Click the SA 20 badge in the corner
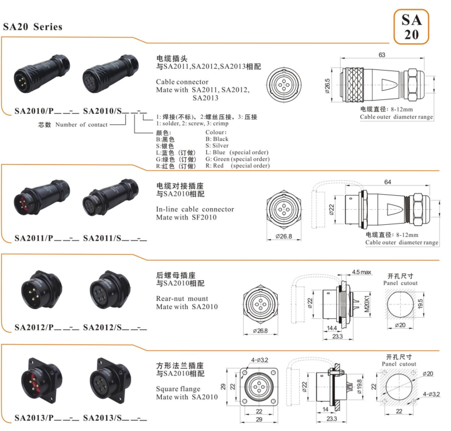tap(411, 27)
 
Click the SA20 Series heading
tap(32, 27)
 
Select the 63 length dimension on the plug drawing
tap(382, 55)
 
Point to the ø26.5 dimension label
tap(327, 86)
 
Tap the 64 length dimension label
tap(387, 182)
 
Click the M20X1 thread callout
tap(367, 304)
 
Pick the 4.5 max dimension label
tap(361, 272)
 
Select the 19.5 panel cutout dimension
tap(420, 304)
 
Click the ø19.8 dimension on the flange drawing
tap(359, 387)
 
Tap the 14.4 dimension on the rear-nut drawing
tap(331, 328)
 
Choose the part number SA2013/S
tap(102, 418)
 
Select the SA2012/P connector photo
tap(42, 291)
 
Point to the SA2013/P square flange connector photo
tap(42, 380)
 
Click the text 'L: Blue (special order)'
tap(237, 152)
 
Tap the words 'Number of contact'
tap(81, 125)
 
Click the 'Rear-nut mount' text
tap(182, 298)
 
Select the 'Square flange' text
tap(178, 389)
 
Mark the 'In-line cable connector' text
tap(195, 209)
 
